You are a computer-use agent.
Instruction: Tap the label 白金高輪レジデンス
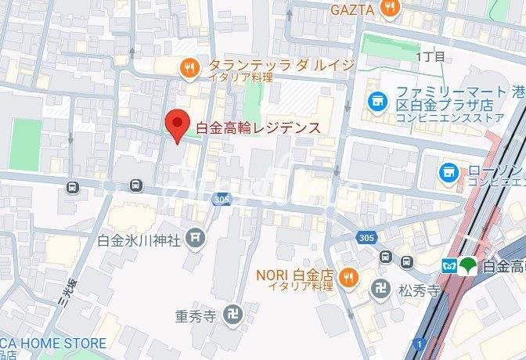[258, 127]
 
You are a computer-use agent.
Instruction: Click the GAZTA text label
[353, 9]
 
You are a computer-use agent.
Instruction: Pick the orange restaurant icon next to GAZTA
[390, 8]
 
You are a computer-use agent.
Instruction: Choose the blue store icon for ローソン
[449, 171]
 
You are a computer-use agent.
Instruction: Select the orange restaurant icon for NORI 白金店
[348, 276]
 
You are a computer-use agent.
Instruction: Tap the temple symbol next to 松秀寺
[380, 288]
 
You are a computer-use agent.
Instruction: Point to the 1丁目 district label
[431, 56]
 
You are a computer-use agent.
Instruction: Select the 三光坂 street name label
[67, 293]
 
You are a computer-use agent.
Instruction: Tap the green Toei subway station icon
[467, 265]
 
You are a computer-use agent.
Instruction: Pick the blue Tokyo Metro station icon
[449, 265]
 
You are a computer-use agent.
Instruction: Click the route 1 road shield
[420, 344]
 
